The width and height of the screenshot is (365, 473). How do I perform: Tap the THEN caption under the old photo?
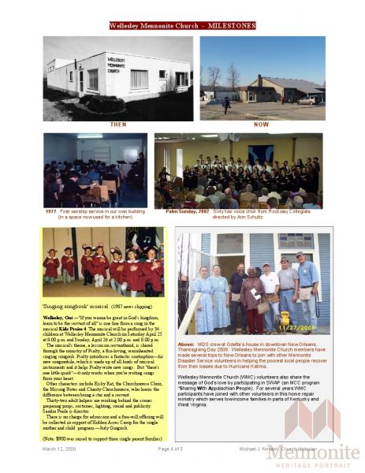pyautogui.click(x=117, y=125)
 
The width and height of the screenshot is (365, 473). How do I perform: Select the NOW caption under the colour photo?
pyautogui.click(x=261, y=125)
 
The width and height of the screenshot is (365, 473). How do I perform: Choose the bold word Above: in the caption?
pyautogui.click(x=186, y=345)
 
